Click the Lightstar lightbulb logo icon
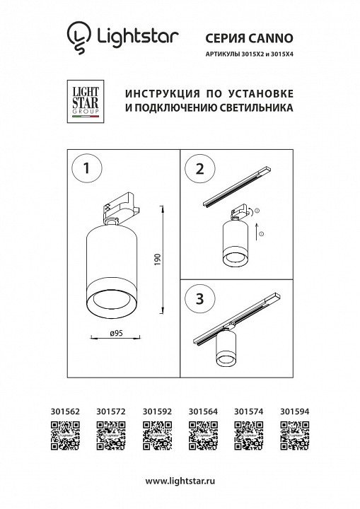click(x=79, y=37)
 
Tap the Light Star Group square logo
click(x=86, y=101)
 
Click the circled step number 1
click(x=86, y=168)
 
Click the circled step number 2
click(x=200, y=169)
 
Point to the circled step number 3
click(x=200, y=298)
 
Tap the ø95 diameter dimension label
click(x=116, y=333)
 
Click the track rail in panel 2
click(x=237, y=186)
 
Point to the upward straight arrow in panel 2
click(x=257, y=231)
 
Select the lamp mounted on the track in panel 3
click(x=226, y=346)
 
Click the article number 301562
click(x=65, y=411)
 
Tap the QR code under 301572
click(x=111, y=435)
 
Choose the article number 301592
click(x=157, y=411)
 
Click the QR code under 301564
click(x=203, y=435)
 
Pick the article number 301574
click(x=249, y=411)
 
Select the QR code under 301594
click(x=295, y=435)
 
